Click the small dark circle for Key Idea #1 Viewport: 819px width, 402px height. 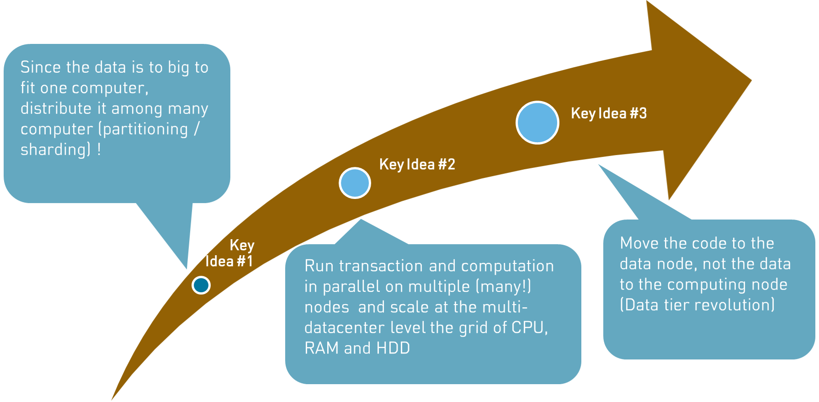[201, 285]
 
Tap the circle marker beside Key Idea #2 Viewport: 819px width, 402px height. [355, 183]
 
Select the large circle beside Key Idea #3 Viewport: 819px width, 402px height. [537, 123]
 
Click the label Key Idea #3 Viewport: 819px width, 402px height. [609, 113]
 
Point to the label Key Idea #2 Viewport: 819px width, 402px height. [417, 164]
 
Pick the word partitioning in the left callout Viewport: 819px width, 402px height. [145, 129]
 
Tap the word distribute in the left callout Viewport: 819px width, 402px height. [56, 108]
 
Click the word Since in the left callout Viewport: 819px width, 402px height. [41, 67]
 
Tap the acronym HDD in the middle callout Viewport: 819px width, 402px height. [393, 348]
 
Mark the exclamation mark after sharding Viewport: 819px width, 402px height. [99, 150]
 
